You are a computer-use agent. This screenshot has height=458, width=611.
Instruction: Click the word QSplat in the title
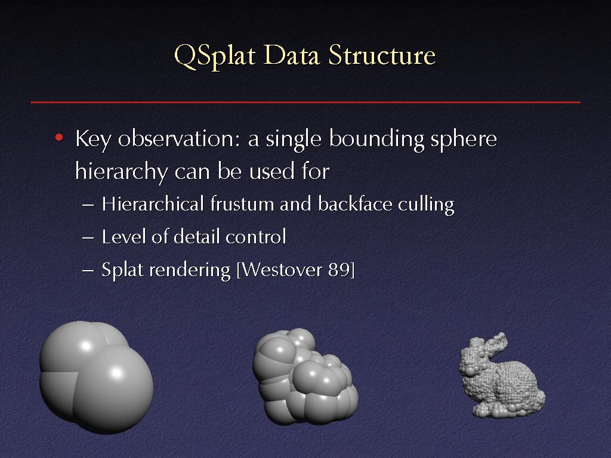(215, 56)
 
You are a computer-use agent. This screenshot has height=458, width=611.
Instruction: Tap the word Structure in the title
(382, 55)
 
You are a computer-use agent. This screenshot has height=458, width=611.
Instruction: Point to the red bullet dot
(59, 138)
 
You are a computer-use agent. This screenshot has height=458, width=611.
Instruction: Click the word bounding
(377, 140)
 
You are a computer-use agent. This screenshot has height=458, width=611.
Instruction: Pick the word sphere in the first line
(464, 140)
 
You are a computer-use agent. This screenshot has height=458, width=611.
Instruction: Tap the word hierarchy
(122, 172)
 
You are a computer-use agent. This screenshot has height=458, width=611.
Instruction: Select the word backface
(355, 204)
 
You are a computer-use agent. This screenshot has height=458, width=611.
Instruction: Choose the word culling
(426, 205)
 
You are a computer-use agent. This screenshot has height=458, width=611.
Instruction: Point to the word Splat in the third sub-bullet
(122, 270)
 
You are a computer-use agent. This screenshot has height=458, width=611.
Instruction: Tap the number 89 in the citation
(340, 270)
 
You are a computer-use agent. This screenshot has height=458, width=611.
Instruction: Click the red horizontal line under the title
(305, 102)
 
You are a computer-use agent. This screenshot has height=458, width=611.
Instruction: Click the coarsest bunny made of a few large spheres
(96, 377)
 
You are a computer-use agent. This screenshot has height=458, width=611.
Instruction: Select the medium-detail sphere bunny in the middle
(305, 376)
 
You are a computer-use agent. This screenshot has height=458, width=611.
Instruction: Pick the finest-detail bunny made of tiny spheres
(502, 376)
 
